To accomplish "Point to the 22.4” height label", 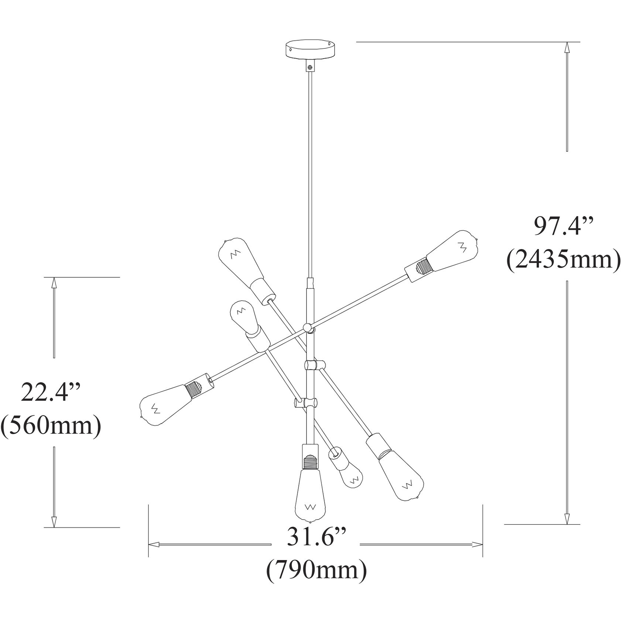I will click(51, 392).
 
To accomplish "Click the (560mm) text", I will click(51, 426).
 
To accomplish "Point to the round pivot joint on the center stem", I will click(307, 326).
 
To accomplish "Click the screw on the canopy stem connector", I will click(309, 68).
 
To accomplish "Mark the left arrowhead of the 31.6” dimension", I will click(154, 544).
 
